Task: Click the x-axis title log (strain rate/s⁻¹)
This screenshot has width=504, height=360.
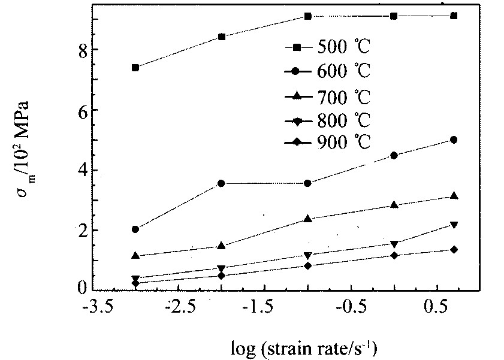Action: click(305, 346)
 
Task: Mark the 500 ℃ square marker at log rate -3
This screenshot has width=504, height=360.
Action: click(135, 68)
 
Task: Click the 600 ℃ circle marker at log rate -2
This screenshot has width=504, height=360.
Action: click(222, 183)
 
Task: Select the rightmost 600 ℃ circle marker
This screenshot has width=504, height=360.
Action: click(454, 140)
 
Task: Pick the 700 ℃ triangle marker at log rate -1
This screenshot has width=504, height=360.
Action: click(308, 219)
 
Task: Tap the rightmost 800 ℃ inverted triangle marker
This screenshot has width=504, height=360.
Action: click(454, 225)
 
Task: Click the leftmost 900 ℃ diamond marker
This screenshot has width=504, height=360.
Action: click(135, 283)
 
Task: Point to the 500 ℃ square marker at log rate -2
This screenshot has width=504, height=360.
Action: click(222, 37)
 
